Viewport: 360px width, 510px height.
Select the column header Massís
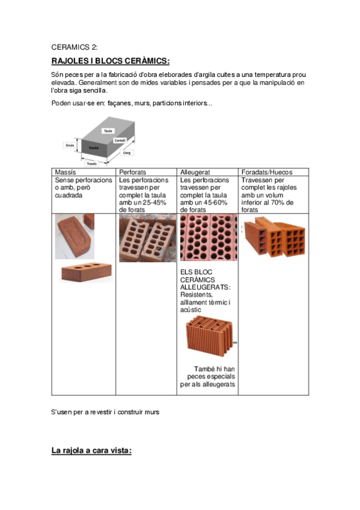click(66, 172)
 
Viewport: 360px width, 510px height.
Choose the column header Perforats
click(132, 172)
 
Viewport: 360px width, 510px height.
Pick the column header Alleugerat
click(195, 172)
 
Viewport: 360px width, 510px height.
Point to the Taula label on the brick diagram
click(108, 131)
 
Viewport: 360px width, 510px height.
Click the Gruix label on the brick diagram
click(69, 145)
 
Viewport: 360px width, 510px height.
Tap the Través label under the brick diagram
click(92, 162)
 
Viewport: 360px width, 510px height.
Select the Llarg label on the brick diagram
click(127, 153)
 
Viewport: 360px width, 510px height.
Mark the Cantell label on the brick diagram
click(128, 140)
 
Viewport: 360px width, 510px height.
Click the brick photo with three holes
click(84, 271)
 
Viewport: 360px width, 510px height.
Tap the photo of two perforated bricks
click(147, 238)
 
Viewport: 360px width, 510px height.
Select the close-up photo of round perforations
click(209, 238)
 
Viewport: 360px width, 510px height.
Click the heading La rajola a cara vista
click(91, 450)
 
